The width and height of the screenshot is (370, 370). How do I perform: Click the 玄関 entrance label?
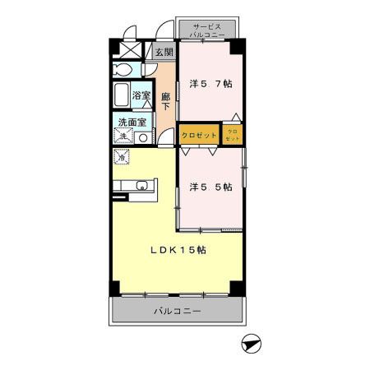click(164, 52)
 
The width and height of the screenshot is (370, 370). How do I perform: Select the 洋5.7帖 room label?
click(210, 84)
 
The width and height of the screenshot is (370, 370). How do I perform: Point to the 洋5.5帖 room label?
click(210, 187)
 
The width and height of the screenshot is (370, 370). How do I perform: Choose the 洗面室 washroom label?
click(132, 123)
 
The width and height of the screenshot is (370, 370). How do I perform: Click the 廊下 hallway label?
click(165, 99)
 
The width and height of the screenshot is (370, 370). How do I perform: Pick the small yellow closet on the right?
click(232, 135)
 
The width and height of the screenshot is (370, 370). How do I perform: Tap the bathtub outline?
click(123, 95)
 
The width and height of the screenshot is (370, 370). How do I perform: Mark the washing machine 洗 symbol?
click(123, 136)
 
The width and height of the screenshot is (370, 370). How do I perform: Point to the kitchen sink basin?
click(141, 185)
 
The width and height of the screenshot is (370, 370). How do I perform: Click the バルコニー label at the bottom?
click(177, 311)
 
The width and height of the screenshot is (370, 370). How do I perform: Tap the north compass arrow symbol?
click(250, 344)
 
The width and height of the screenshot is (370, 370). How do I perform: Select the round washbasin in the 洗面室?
click(143, 137)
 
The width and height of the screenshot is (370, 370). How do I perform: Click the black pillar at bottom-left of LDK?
click(116, 287)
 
